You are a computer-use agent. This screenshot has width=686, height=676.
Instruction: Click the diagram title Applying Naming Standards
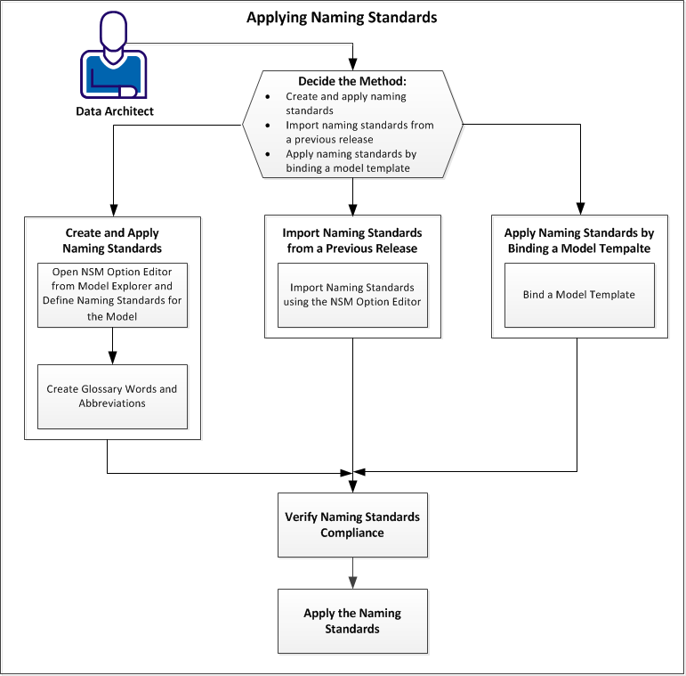pos(342,17)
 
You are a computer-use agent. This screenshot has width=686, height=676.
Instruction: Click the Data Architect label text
pos(114,111)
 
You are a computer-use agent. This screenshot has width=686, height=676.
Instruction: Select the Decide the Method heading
pos(352,81)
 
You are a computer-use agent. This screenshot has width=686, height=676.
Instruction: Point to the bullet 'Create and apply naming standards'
pos(346,103)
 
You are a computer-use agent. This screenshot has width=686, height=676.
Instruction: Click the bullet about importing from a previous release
pos(359,132)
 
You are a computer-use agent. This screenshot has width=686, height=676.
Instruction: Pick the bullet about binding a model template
pos(351,160)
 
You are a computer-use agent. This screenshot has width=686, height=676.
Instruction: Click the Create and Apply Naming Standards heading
pos(112,240)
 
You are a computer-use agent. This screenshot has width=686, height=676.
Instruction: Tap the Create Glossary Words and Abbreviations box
pos(112,396)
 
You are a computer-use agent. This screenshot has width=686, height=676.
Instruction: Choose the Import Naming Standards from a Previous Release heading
pos(352,240)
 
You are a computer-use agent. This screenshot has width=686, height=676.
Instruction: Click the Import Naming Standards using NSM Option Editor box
pos(352,294)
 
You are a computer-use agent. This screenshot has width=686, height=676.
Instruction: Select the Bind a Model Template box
pos(579,295)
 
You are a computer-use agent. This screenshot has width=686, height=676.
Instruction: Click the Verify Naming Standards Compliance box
pos(352,525)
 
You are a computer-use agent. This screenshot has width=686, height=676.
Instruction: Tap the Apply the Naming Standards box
pos(352,621)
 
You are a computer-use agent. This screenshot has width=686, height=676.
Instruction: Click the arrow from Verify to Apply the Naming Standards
pos(353,572)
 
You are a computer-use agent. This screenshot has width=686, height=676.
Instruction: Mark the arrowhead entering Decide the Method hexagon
pos(353,64)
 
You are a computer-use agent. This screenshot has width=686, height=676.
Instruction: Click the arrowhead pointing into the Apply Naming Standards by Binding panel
pos(579,210)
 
